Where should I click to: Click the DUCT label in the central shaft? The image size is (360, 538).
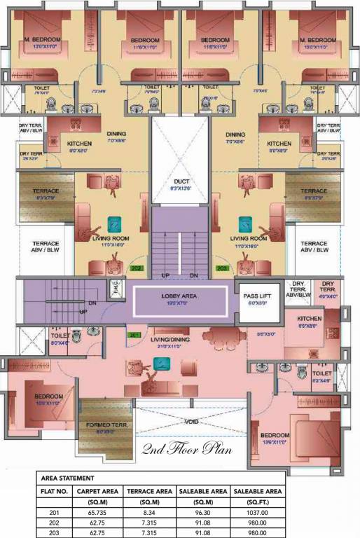click(181, 181)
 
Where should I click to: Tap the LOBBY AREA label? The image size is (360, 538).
click(180, 296)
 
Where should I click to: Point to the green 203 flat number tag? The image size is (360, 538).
click(223, 268)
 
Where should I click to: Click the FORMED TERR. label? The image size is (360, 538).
click(105, 425)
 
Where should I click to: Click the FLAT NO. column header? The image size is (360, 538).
click(53, 491)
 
